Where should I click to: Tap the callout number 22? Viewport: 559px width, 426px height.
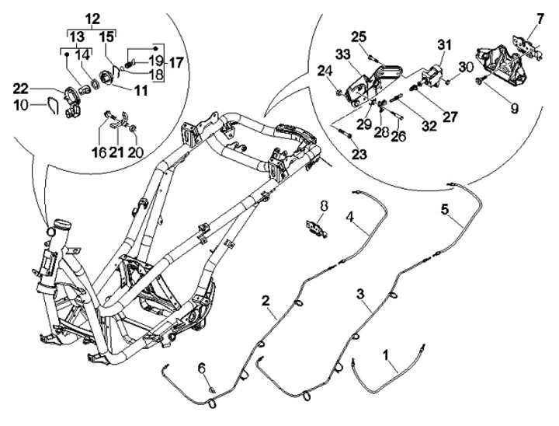tap(21, 88)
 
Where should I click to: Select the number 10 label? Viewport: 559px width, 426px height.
tap(21, 105)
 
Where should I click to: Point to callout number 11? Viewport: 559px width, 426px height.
tap(141, 91)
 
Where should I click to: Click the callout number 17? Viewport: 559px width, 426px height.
tap(175, 63)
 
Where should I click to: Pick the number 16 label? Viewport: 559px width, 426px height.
tap(99, 152)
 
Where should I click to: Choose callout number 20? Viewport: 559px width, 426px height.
tap(135, 152)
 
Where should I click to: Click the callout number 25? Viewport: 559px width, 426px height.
tap(359, 37)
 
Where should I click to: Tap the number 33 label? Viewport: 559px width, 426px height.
tap(342, 54)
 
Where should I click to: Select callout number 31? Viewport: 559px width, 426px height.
tap(444, 45)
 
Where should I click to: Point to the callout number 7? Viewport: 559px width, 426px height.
tap(540, 19)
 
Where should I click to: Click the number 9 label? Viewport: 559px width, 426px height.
tap(514, 109)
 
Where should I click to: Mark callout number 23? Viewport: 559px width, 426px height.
tap(359, 154)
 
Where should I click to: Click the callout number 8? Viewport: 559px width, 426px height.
tap(324, 206)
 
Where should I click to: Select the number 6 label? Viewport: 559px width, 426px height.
tap(202, 368)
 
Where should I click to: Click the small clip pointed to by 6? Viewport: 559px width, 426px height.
tap(212, 389)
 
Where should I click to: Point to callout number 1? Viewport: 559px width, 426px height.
tap(385, 355)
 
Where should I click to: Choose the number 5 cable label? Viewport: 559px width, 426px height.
tap(445, 210)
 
